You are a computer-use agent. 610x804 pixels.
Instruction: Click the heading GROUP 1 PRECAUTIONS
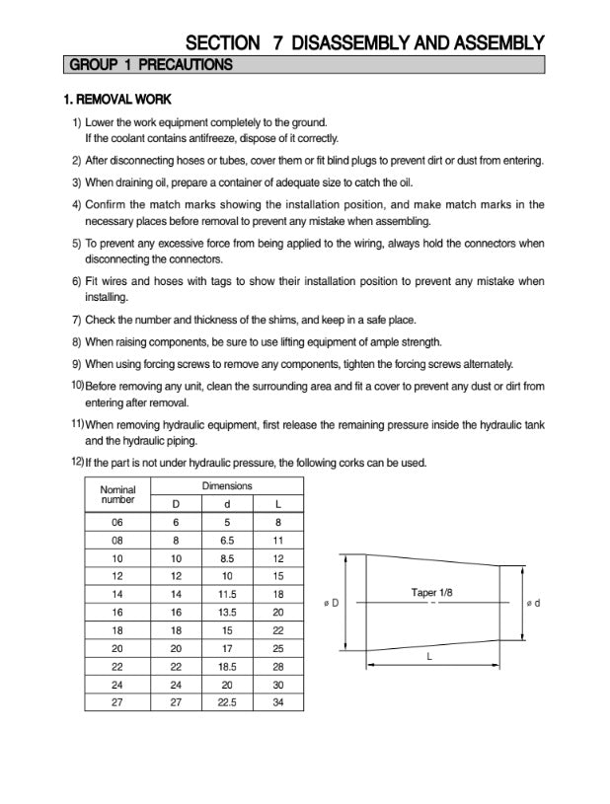(x=149, y=65)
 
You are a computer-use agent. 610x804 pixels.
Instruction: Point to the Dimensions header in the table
(x=227, y=485)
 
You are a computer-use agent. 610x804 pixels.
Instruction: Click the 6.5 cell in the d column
(x=227, y=541)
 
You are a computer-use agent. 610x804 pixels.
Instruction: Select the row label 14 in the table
(x=117, y=594)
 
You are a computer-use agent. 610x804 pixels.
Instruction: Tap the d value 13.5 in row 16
(x=227, y=612)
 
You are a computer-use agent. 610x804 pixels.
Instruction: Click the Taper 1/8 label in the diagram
(x=431, y=592)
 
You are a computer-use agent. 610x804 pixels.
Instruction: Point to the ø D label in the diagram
(x=331, y=603)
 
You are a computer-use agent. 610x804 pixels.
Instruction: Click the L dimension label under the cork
(x=430, y=654)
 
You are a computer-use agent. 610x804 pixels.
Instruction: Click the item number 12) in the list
(x=77, y=461)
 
